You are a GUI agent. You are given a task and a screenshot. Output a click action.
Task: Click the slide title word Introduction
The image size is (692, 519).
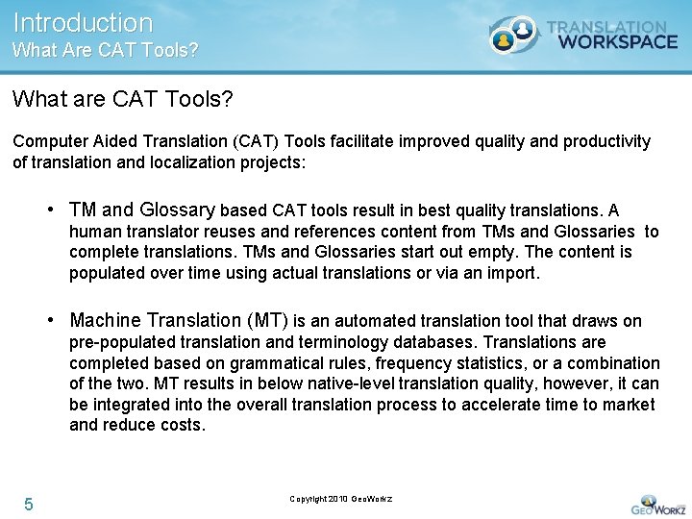[83, 22]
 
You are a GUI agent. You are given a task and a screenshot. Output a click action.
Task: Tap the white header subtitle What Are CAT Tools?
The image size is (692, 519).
[106, 50]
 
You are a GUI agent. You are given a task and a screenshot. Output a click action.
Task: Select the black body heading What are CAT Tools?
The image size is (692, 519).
[123, 99]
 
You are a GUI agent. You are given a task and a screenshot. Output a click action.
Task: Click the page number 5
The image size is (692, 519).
[29, 505]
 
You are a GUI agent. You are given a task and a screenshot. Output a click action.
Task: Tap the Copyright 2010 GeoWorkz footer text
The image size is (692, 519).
[341, 499]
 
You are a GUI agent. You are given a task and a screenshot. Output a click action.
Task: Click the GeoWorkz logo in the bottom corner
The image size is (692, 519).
[658, 504]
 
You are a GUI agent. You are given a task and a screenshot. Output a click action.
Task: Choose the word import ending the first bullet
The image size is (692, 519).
[514, 273]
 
